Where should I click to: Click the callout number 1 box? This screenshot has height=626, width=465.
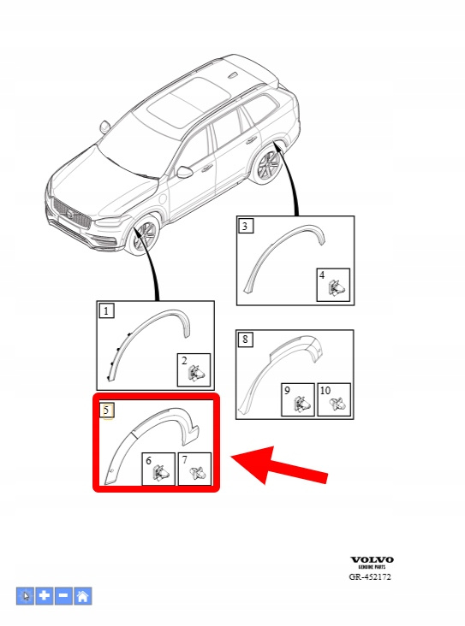point(106,310)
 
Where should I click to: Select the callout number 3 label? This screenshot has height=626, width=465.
point(246,226)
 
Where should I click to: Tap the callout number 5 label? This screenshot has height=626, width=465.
point(106,410)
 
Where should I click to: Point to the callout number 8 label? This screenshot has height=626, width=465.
point(245,340)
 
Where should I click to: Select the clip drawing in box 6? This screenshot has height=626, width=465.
point(161,473)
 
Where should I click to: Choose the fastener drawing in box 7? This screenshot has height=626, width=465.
point(198,474)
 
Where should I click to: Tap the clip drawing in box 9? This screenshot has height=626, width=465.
point(301,404)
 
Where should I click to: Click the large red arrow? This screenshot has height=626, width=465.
point(279,466)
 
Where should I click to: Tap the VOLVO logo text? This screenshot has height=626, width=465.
point(372,560)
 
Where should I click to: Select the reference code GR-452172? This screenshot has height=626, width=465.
point(370,576)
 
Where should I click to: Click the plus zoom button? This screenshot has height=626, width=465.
point(45,596)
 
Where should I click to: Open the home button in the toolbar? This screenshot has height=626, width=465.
point(83,596)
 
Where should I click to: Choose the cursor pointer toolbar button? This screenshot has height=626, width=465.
point(25,596)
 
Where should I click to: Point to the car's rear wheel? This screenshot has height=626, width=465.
point(267,166)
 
